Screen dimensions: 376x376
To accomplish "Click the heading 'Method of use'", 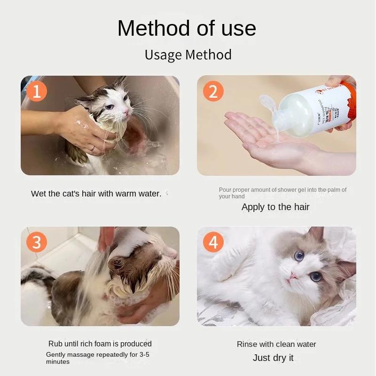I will coord(187,28).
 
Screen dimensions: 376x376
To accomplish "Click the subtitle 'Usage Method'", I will coord(188,55).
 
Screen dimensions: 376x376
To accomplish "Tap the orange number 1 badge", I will coord(37,91).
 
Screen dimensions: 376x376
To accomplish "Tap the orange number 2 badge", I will coord(213,91).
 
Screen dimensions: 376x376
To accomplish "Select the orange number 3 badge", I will coord(37,243).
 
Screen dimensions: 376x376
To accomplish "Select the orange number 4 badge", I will coord(213,243).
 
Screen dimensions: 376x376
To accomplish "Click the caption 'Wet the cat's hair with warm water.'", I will coord(96,194).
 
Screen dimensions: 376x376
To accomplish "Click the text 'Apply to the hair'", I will coord(275,207).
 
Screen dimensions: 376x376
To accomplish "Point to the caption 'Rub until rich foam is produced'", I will coord(100,344).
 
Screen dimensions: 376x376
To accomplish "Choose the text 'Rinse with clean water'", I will coord(276,344).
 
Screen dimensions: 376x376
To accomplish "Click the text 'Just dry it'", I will coord(273,358).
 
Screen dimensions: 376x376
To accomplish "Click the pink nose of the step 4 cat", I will coord(293,276).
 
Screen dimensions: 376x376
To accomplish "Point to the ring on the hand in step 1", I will coord(93,148).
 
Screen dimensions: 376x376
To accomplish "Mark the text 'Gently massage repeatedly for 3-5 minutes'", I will coord(98,358).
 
